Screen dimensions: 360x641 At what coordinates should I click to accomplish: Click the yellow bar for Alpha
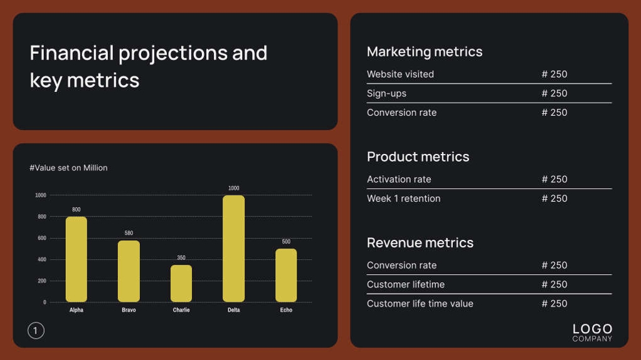[77, 259]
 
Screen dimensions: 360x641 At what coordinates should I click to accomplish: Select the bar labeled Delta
[233, 249]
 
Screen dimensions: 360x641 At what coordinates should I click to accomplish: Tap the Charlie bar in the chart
[181, 283]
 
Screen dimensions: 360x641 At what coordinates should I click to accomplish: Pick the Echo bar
[286, 275]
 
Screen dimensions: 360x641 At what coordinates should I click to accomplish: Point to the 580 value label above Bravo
[129, 234]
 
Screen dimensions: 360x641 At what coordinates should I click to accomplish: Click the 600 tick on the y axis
[41, 238]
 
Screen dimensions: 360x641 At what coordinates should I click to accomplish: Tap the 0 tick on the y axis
[45, 302]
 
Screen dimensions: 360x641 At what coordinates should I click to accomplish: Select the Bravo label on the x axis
[129, 310]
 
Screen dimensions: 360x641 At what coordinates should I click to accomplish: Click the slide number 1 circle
[36, 331]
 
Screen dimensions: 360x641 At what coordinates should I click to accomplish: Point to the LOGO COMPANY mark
[592, 332]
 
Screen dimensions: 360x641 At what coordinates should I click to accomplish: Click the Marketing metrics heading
[425, 52]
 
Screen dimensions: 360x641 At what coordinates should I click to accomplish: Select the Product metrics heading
[418, 157]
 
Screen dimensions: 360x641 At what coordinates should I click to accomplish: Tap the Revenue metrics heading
[420, 243]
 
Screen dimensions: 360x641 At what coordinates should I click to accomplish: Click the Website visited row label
[400, 75]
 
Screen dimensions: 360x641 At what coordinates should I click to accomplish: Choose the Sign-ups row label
[386, 93]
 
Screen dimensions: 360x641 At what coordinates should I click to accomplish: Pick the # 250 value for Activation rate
[554, 179]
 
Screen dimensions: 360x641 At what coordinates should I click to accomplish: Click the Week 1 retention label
[403, 198]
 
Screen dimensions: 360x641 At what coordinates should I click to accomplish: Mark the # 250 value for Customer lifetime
[554, 284]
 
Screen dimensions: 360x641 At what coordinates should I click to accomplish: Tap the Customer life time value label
[420, 304]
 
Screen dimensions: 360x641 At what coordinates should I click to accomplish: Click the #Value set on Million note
[68, 168]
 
